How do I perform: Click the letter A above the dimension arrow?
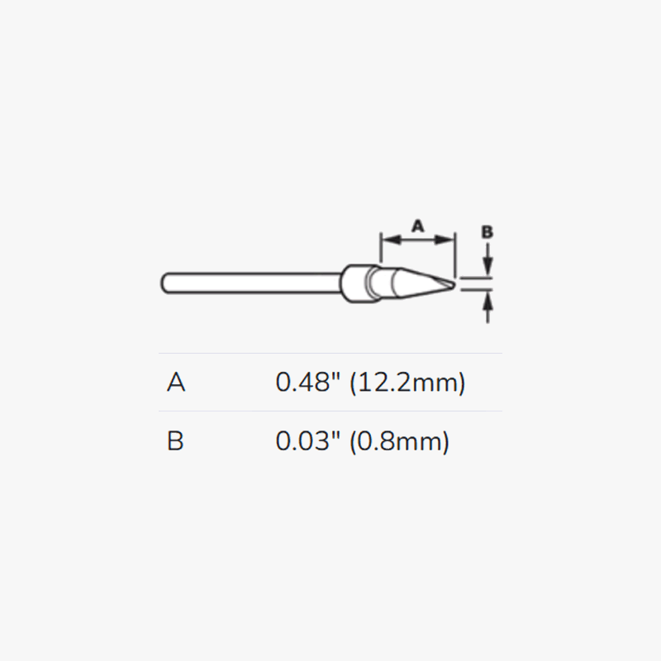417,225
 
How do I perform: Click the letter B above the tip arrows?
487,232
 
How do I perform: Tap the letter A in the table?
176,383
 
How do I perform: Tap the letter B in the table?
175,441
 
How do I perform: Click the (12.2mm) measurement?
408,383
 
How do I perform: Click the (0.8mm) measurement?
400,441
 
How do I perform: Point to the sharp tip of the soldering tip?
451,285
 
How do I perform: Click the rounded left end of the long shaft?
164,282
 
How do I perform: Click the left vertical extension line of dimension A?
380,248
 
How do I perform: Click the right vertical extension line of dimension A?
454,252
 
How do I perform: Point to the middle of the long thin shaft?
252,282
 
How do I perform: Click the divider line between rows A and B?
330,411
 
